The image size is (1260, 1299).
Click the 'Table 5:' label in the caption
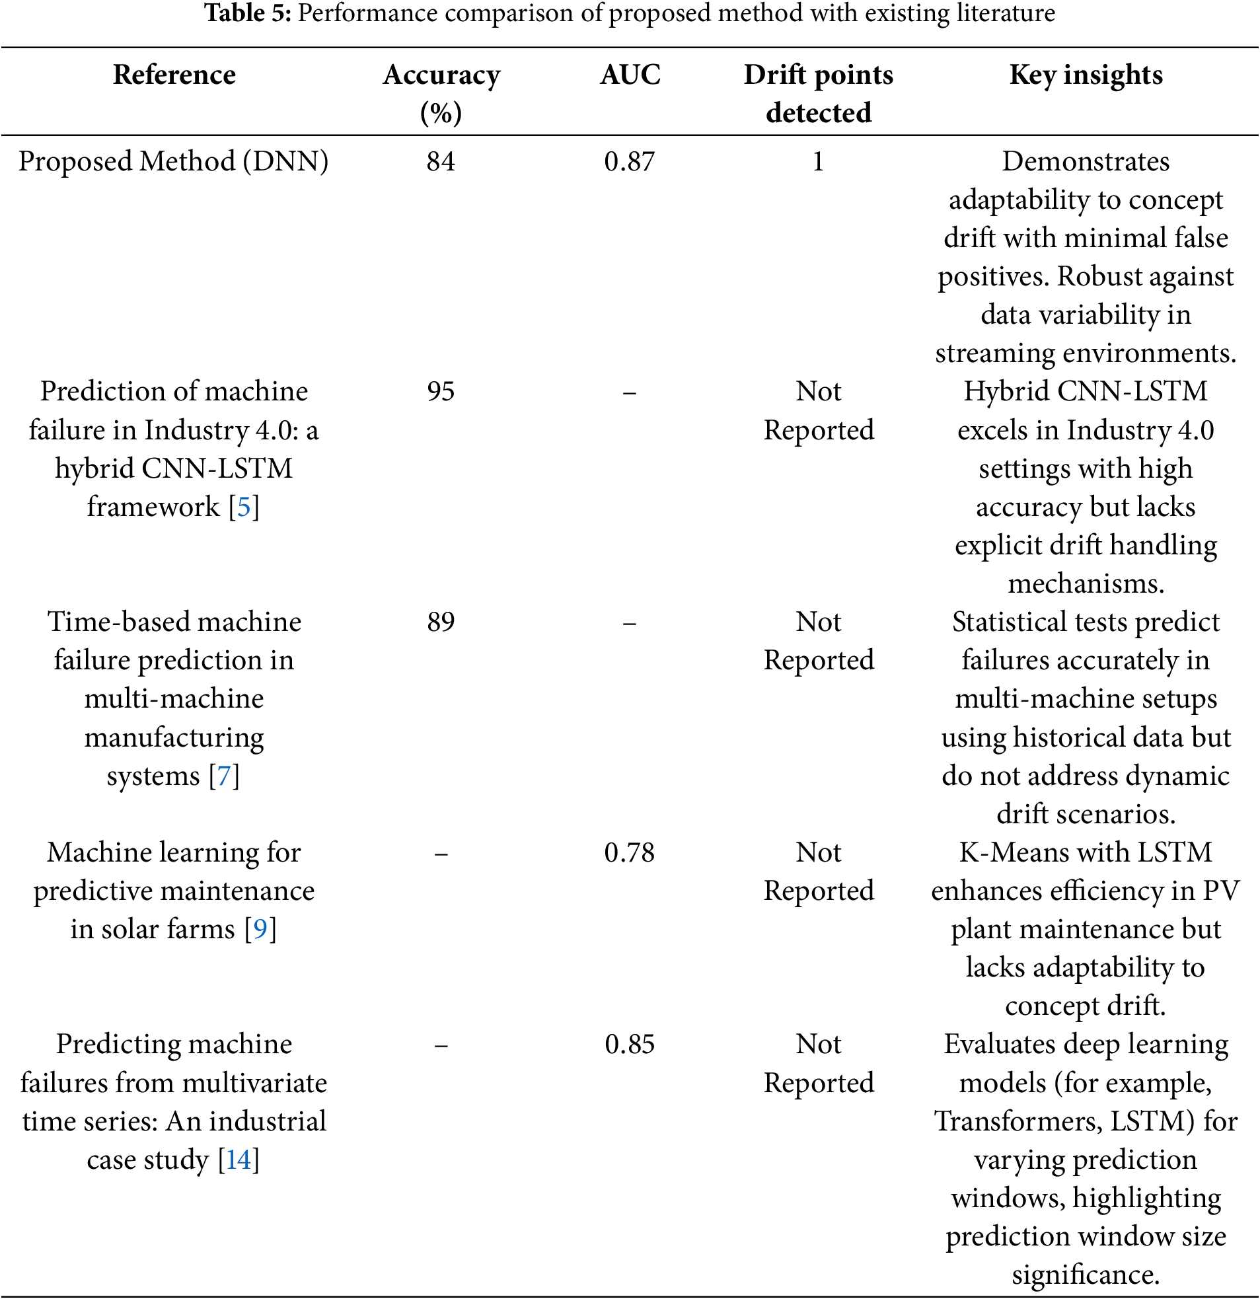tap(247, 13)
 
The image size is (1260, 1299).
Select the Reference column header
tap(174, 75)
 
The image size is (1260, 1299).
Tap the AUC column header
tap(630, 75)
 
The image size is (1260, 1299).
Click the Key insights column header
tap(1086, 75)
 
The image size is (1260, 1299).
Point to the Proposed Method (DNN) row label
tap(174, 162)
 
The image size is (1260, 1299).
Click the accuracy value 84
tap(441, 162)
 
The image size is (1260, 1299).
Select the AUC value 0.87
tap(630, 162)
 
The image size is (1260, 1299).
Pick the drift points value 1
tap(819, 162)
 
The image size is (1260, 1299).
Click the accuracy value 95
tap(441, 392)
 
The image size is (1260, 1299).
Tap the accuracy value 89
tap(441, 622)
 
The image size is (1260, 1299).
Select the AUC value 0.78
tap(630, 853)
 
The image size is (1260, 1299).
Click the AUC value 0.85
tap(630, 1045)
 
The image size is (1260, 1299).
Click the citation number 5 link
tap(244, 507)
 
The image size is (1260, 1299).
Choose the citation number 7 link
tap(224, 776)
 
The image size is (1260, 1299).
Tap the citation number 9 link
tap(260, 929)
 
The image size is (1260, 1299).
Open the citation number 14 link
tap(239, 1160)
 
